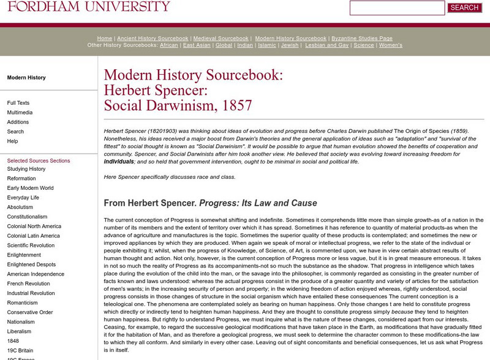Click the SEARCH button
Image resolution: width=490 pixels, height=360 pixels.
[464, 8]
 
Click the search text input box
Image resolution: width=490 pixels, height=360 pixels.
[397, 8]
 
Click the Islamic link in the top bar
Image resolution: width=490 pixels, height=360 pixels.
[267, 45]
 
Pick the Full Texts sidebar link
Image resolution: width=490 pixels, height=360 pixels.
[18, 103]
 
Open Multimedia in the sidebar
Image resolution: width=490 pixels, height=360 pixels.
[20, 113]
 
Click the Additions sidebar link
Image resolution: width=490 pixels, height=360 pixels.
[18, 122]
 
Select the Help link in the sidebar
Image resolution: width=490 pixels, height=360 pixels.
[13, 141]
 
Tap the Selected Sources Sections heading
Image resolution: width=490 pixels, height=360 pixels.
[39, 160]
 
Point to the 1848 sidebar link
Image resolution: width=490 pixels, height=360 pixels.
[13, 340]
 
